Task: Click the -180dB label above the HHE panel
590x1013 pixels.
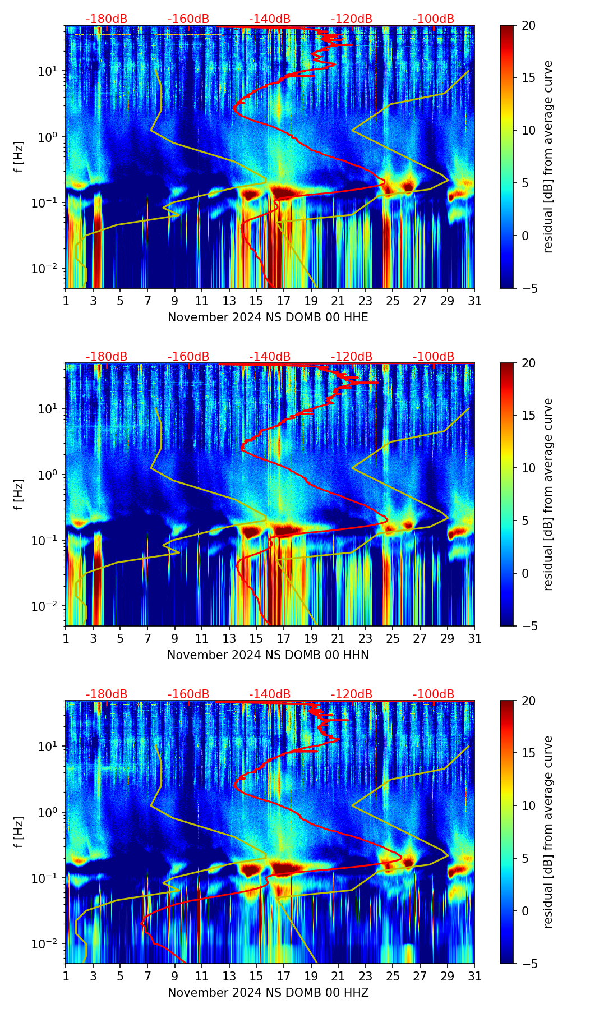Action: coord(107,19)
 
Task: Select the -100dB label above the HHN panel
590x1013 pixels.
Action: coord(434,357)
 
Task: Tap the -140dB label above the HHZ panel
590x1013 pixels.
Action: coord(270,694)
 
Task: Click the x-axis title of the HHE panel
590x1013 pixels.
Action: coord(268,317)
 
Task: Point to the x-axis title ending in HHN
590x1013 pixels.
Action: coord(268,655)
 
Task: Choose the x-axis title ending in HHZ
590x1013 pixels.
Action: coord(268,993)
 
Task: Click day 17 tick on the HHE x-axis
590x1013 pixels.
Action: coord(284,301)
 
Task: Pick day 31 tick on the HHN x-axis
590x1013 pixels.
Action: coord(474,638)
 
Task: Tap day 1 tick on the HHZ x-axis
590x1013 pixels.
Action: coord(66,976)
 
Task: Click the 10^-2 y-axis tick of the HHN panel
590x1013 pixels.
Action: coord(50,606)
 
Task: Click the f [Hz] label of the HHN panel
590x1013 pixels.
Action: coord(19,494)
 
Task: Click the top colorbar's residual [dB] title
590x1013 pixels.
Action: coord(548,156)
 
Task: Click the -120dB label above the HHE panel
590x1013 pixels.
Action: coord(352,19)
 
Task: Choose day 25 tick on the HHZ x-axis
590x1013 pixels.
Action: coord(393,976)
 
